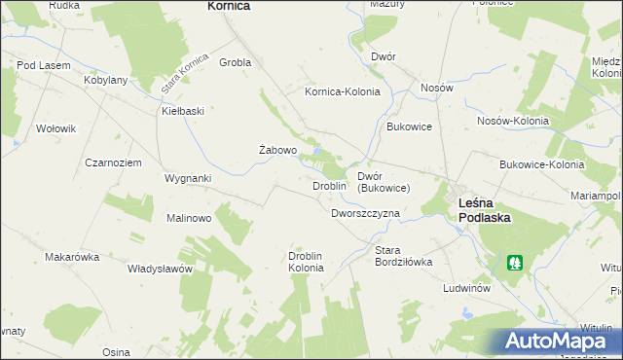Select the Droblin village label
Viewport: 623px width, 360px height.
tap(329, 185)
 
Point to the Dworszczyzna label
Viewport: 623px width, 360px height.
tap(365, 212)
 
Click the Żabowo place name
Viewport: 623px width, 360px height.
tap(276, 151)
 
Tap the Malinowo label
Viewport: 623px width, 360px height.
tap(189, 218)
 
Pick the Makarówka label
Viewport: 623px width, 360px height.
tap(72, 257)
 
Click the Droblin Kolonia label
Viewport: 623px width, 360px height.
tap(311, 262)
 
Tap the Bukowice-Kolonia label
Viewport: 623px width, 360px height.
tap(541, 164)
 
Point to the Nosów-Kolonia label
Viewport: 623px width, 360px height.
tap(512, 121)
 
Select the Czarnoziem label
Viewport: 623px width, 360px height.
tap(114, 162)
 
